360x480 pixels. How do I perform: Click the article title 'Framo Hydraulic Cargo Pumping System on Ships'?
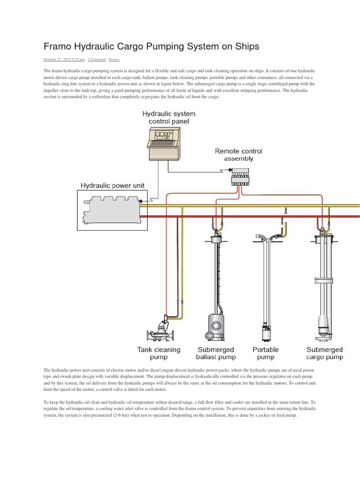tap(151, 47)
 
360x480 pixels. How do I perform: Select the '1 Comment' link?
tap(97, 60)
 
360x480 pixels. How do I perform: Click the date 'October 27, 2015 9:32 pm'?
tap(64, 60)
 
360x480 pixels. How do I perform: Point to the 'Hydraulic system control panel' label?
tap(169, 117)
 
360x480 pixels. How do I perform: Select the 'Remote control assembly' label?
tap(239, 155)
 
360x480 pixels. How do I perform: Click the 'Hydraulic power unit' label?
tap(112, 186)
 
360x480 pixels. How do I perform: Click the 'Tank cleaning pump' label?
tap(158, 353)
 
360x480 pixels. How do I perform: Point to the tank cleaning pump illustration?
tap(161, 330)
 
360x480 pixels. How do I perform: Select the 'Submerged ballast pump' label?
tap(216, 353)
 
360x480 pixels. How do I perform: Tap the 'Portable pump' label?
tap(265, 353)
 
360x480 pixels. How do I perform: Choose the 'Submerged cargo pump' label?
tap(324, 353)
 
